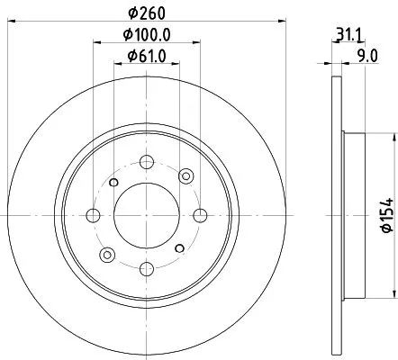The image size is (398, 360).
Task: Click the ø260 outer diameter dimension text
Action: (147, 13)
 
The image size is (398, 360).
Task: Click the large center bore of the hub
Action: (147, 214)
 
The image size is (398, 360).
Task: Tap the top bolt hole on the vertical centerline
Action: (147, 162)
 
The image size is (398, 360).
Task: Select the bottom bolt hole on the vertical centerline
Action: (147, 266)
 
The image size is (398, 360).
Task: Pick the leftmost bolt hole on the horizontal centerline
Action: (94, 214)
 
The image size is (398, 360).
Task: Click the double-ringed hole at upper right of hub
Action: (185, 176)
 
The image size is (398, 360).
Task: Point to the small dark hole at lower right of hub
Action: (180, 246)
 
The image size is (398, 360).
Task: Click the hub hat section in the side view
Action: (353, 214)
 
